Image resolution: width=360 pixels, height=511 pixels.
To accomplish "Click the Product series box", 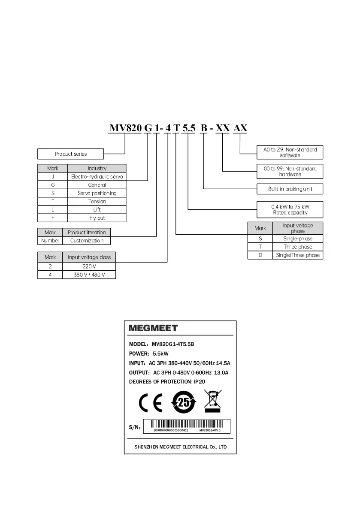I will pos(71,154).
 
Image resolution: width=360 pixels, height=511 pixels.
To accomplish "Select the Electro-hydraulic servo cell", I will pos(97,176).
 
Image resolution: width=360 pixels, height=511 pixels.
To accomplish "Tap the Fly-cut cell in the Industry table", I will pos(97,218).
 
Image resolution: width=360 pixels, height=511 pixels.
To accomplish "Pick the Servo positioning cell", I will pos(97,193).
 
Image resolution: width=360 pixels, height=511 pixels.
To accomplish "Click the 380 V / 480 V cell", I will pos(89,275).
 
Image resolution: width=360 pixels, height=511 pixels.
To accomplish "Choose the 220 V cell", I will pos(89,266).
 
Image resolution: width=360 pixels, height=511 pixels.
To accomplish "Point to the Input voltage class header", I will pos(89,257).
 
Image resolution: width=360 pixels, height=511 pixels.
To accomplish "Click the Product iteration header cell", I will pos(87,233).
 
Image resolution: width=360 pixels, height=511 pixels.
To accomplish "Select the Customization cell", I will pos(87,241).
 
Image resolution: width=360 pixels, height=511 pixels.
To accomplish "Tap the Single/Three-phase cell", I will pos(298,255).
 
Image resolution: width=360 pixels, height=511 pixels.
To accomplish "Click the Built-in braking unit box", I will pos(290,189).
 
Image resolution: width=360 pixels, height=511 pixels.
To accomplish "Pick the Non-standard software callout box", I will pos(290,152).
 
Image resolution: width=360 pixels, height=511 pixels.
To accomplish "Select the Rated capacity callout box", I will pos(290,209).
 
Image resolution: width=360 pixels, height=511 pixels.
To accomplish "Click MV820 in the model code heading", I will pos(125,128).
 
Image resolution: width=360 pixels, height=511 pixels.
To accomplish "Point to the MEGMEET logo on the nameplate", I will pos(153,328).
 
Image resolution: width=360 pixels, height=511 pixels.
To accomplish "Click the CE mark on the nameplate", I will pos(151,403).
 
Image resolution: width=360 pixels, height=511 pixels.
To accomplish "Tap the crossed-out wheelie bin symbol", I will pos(212,402).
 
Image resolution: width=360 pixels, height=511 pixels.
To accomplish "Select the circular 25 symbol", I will pos(183,402).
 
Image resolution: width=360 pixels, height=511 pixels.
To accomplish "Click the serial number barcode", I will pos(187,426).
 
